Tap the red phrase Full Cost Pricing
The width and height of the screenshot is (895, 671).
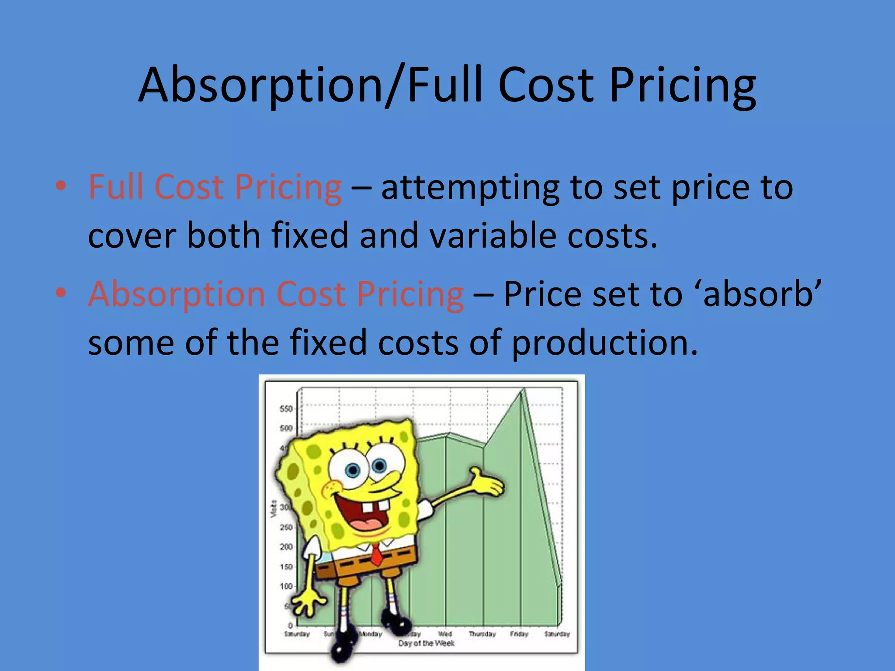point(215,187)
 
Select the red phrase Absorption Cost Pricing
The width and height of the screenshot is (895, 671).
point(276,294)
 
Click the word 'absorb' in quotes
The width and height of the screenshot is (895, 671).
point(762,294)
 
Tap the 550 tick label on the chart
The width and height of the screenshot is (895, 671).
point(286,409)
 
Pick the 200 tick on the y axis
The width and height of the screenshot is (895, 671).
point(286,547)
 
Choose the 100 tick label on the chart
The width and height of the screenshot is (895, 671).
point(286,586)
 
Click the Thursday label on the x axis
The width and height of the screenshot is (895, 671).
point(482,634)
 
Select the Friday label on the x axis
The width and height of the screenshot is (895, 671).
point(519,634)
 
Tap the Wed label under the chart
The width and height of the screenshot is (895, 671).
point(445,634)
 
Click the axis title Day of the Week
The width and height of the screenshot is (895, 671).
point(426,643)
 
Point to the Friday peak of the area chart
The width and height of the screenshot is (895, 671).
point(524,390)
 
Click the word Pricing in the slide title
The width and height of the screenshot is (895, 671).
point(682,85)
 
